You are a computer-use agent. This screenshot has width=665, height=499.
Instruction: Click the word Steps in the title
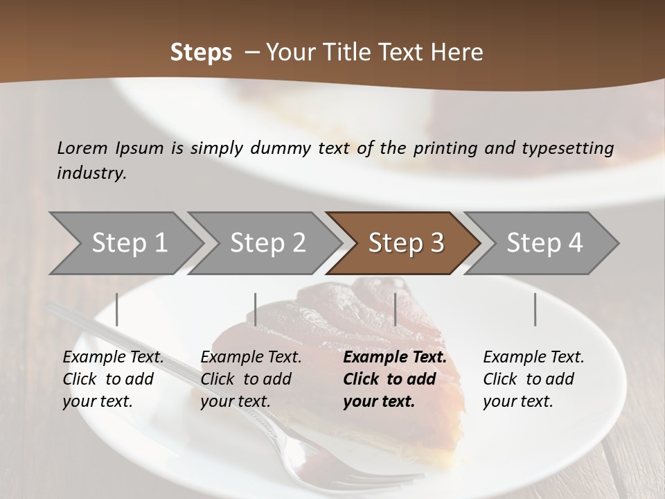(201, 53)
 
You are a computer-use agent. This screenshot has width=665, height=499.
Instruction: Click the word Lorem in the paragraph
(82, 148)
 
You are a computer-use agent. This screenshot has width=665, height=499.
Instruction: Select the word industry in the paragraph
(91, 173)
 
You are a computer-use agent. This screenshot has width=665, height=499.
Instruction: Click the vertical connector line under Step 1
(116, 309)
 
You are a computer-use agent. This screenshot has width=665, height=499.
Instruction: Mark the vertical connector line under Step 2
(255, 309)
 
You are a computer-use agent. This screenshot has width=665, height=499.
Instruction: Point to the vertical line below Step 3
(395, 309)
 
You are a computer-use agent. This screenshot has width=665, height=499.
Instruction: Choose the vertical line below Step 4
(535, 309)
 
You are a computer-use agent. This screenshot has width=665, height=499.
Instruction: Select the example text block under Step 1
(113, 379)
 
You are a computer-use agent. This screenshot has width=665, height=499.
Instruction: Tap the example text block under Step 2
(251, 379)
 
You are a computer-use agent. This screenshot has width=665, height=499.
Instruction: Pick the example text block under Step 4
(533, 379)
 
